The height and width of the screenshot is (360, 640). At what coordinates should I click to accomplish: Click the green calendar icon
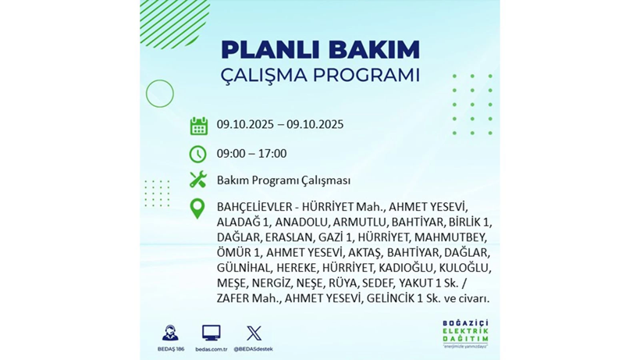coord(198,126)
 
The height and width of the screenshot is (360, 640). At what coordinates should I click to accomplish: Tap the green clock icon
coord(198,154)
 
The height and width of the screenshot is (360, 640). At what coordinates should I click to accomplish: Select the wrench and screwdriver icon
coord(198,180)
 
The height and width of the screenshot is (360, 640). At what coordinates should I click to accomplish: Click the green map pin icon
coord(198,208)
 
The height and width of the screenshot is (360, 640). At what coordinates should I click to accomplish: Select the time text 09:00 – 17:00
coord(251,154)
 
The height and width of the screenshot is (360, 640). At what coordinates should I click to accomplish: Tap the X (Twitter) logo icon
coord(254,333)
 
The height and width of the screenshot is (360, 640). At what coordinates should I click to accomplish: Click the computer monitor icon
coord(211,333)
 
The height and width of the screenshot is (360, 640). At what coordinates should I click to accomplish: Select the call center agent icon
coord(170,333)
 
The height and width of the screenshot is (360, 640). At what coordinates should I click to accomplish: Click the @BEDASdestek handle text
coord(254,349)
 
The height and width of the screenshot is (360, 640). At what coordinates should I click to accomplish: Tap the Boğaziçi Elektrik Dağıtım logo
coord(465,333)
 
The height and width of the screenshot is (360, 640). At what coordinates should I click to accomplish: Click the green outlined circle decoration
coord(159,94)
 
